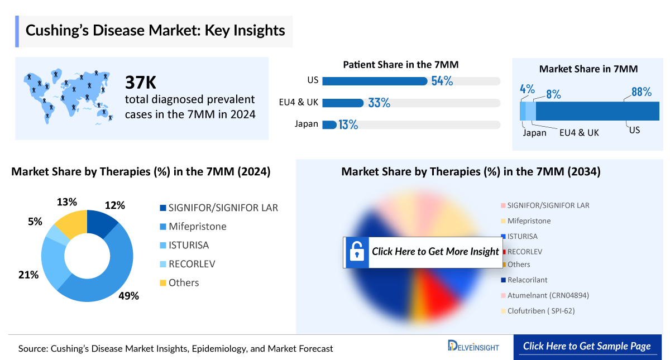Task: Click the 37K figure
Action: tap(141, 83)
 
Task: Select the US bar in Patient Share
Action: tap(375, 81)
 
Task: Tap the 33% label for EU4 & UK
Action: tap(379, 103)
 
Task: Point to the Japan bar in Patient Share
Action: tap(329, 124)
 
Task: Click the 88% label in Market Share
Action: tap(641, 92)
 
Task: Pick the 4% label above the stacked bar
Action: tap(527, 89)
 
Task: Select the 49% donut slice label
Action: tap(128, 296)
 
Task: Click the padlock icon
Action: tap(356, 252)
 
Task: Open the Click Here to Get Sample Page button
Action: tap(586, 346)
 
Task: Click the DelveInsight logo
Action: tap(473, 347)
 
